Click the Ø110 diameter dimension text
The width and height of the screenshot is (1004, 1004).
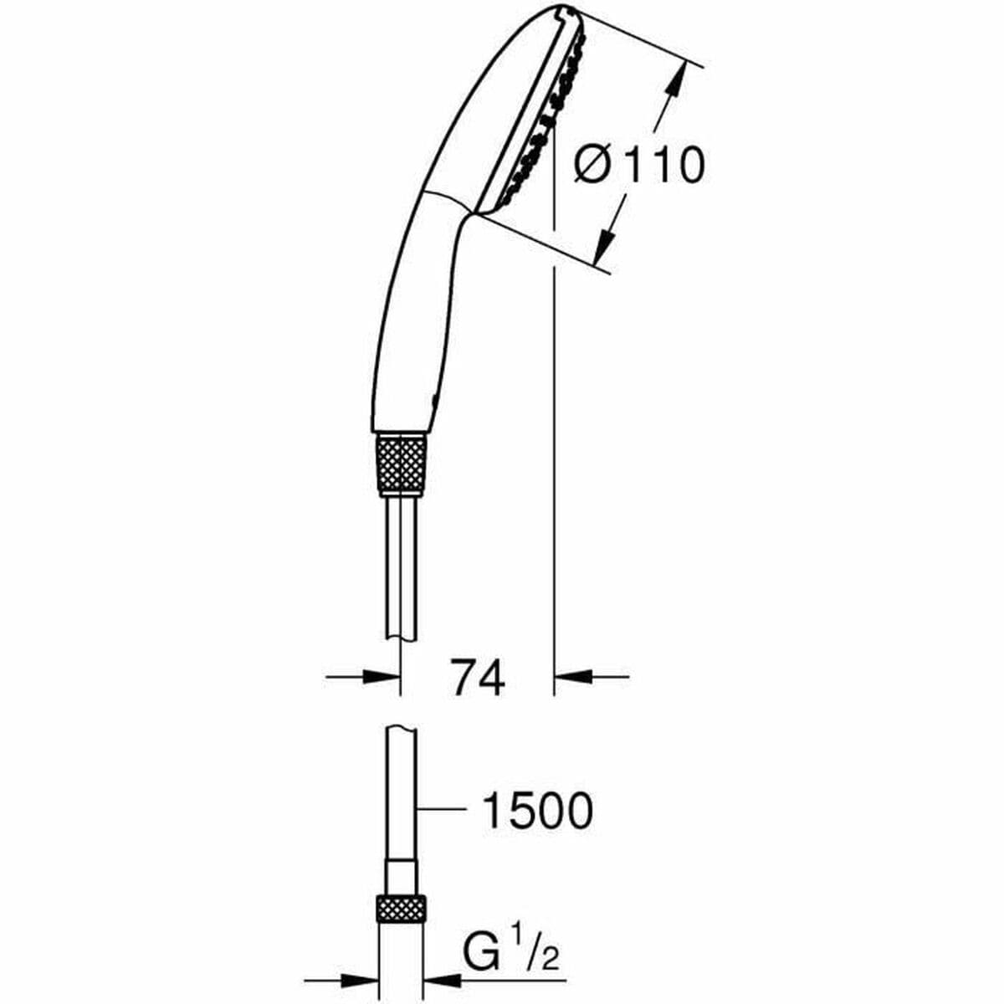pyautogui.click(x=639, y=165)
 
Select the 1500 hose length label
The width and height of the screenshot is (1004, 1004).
pyautogui.click(x=536, y=811)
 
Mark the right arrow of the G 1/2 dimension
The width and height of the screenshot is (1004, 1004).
pyautogui.click(x=443, y=977)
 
